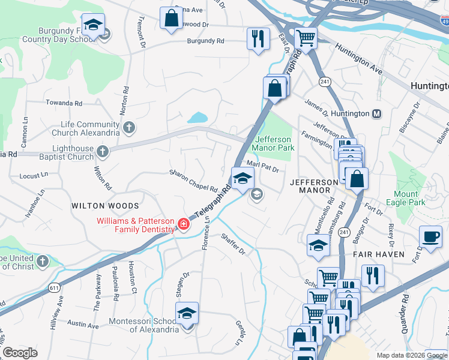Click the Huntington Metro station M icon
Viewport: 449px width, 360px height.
coord(378,113)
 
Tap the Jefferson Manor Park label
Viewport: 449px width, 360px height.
coord(273,143)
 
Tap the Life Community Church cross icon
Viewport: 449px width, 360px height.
coord(129,127)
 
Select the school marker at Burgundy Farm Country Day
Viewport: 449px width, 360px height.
coord(92,25)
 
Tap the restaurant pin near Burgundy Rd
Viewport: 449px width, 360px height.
coord(258,39)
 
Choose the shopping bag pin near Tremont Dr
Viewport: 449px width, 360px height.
coord(172,19)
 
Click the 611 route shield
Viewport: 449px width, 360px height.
coord(55,288)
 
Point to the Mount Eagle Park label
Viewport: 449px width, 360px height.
coord(406,198)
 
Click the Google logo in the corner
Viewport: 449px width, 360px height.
coord(20,353)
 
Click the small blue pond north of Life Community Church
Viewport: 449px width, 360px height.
coord(197,118)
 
